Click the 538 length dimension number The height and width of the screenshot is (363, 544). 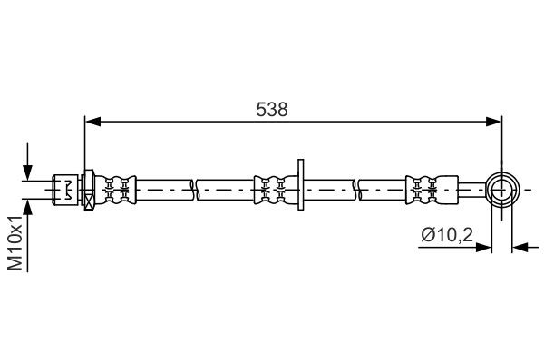click(x=272, y=109)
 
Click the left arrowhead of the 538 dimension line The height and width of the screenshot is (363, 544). click(x=91, y=121)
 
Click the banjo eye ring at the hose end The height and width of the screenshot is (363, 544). click(x=501, y=190)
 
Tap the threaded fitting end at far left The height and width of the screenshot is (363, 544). click(x=65, y=190)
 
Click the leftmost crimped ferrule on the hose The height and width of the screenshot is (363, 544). click(x=117, y=190)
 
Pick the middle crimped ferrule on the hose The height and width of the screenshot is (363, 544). click(x=272, y=190)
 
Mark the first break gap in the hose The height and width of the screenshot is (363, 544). click(x=195, y=190)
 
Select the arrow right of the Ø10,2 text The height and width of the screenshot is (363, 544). click(x=484, y=246)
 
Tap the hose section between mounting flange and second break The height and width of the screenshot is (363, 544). click(x=331, y=190)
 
